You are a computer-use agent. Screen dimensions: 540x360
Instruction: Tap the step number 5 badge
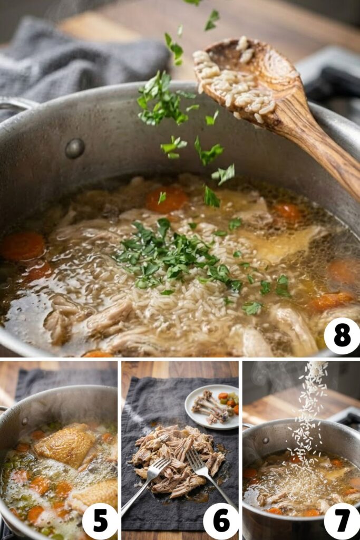100,521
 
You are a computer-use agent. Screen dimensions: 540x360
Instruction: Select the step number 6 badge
221,521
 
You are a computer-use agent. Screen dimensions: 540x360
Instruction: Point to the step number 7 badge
342,521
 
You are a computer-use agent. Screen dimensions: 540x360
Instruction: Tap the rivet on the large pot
74,148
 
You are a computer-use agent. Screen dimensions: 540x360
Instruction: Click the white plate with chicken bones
211,406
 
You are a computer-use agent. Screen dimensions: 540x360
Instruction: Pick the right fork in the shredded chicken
208,475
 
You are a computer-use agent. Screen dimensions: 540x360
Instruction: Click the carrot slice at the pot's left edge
22,246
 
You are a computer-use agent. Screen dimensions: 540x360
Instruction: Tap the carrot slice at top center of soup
167,200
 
